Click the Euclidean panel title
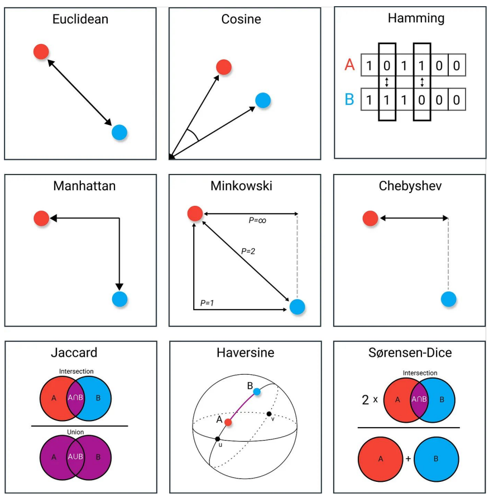click(80, 19)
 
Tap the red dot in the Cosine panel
click(224, 67)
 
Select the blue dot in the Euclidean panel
click(119, 132)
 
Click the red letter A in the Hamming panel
click(349, 65)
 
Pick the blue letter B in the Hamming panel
click(349, 100)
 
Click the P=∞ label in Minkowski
click(257, 220)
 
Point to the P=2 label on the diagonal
click(248, 252)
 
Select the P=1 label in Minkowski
click(208, 303)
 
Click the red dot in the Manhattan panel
click(41, 217)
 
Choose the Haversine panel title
click(245, 352)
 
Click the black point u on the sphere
click(217, 439)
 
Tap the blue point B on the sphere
click(256, 391)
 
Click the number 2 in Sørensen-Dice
click(366, 399)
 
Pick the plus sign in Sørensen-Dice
click(408, 458)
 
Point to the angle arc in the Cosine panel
click(193, 134)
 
